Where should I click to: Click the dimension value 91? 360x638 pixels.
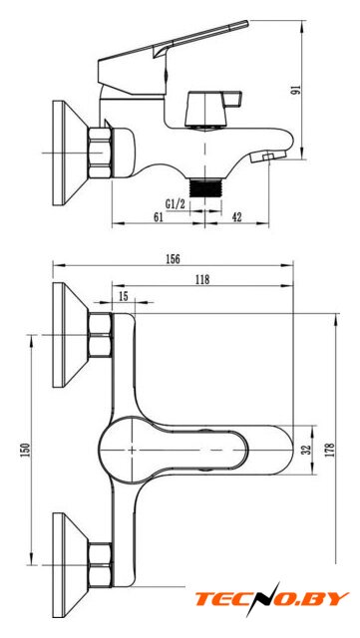(x=295, y=90)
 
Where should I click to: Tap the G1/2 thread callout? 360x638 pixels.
(x=176, y=204)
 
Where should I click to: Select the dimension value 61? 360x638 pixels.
(x=158, y=217)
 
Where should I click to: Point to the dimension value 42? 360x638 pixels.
(x=236, y=217)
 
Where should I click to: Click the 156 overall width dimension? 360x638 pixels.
(x=173, y=259)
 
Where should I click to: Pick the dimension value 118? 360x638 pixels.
(x=202, y=279)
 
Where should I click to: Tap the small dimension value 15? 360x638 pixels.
(x=123, y=296)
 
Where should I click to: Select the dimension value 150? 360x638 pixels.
(x=26, y=450)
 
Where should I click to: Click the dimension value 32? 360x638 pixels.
(x=307, y=450)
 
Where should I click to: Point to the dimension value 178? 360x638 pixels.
(x=330, y=450)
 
